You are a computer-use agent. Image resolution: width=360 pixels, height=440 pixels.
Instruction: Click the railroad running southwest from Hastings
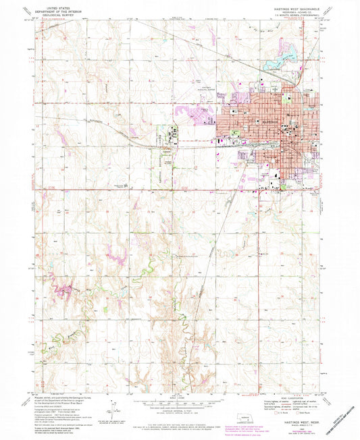[216, 229]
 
